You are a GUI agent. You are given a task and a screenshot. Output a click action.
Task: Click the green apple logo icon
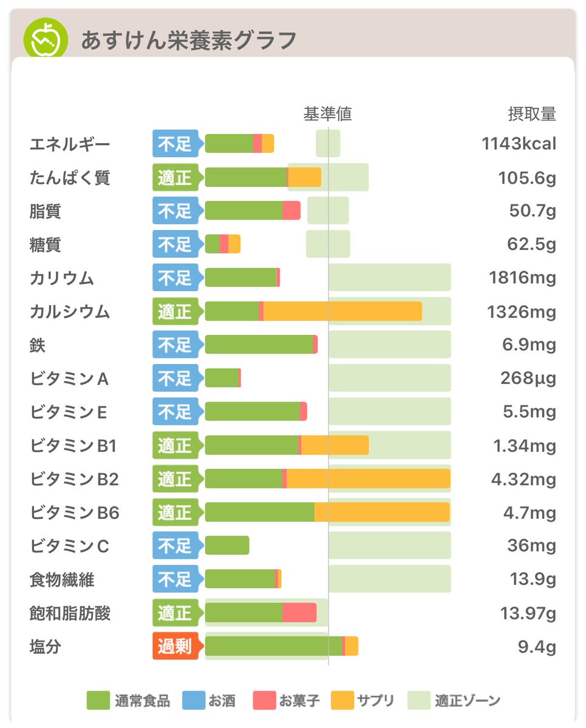pos(44,39)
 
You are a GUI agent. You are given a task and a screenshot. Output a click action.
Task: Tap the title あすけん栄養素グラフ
pos(189,41)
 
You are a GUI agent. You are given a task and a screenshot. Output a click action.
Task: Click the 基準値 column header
pos(328,114)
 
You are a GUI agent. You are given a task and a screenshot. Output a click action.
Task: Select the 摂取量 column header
pos(532,114)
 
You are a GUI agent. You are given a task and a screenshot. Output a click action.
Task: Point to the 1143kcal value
pos(519,144)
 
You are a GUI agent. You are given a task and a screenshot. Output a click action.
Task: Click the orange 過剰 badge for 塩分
pos(175,647)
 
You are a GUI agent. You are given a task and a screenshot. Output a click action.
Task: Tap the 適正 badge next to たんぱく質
pos(175,178)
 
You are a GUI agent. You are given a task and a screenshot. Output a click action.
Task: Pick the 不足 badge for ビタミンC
pos(175,546)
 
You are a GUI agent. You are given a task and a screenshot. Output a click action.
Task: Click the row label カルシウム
pos(70,312)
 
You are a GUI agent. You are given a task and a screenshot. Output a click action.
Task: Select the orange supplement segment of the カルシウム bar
pos(342,312)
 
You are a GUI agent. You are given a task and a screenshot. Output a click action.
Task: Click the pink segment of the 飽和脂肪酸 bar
pos(299,613)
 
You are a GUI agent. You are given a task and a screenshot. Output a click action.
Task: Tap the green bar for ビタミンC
pos(227,546)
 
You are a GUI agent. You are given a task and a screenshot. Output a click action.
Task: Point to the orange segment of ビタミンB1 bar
pos(335,445)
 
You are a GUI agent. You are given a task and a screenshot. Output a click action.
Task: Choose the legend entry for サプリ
pos(363,701)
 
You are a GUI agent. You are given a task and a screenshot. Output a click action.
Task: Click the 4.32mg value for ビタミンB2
pos(523,479)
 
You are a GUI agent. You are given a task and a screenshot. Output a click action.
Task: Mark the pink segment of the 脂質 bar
pos(291,211)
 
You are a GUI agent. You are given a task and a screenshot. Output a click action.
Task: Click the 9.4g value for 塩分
pos(537,647)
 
